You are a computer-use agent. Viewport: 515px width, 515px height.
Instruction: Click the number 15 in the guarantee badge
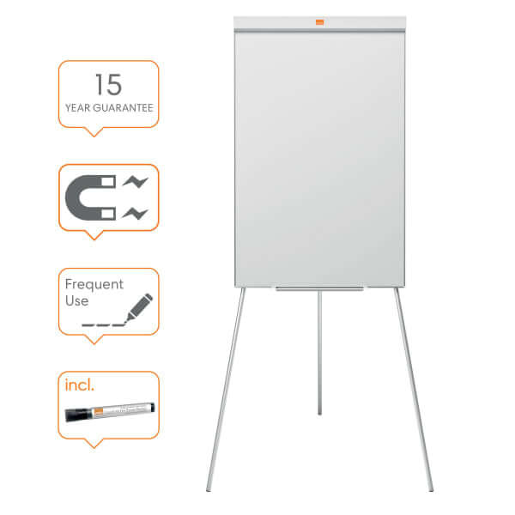coord(109,84)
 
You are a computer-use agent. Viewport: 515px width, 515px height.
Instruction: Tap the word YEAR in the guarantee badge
coord(77,108)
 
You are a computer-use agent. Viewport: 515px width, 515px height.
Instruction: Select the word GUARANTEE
coord(123,108)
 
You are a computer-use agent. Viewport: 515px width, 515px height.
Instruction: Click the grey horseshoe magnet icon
coord(90,197)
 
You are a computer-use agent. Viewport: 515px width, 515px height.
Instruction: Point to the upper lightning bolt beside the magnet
coord(136,182)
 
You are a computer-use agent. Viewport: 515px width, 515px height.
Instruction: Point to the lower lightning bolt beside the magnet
coord(136,214)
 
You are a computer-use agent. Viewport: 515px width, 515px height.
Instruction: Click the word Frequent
coord(94,284)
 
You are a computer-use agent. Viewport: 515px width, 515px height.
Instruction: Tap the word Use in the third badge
coord(77,301)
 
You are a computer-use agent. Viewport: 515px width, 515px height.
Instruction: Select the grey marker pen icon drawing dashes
coord(139,307)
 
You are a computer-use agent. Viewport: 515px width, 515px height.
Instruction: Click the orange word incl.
coord(80,385)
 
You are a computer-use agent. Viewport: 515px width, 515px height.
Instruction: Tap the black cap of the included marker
coord(77,415)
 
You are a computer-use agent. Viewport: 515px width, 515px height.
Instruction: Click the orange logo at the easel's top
coord(319,22)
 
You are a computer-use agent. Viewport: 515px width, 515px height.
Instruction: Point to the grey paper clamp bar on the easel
coord(319,31)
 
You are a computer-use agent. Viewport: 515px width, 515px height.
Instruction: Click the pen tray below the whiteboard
coord(319,288)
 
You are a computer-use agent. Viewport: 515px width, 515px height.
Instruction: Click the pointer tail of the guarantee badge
coord(94,131)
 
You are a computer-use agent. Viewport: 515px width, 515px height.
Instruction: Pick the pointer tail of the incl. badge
coord(94,443)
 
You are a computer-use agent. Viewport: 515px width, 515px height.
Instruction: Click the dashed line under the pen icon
coord(104,325)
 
